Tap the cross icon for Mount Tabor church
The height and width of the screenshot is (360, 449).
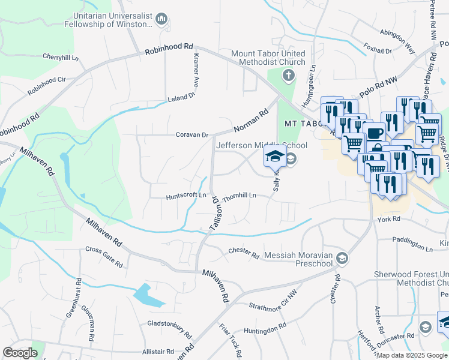(x=289, y=76)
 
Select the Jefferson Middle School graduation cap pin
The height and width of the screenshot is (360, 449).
(x=275, y=157)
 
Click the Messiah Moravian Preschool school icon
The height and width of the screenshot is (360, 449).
(x=342, y=259)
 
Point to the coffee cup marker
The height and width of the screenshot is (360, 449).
(x=375, y=133)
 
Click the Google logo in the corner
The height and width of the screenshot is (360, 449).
(x=20, y=352)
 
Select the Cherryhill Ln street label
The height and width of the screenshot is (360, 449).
(x=61, y=56)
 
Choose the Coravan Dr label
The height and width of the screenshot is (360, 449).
(x=191, y=135)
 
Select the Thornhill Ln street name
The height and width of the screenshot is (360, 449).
(x=240, y=196)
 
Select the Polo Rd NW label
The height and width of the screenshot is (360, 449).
(x=379, y=87)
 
